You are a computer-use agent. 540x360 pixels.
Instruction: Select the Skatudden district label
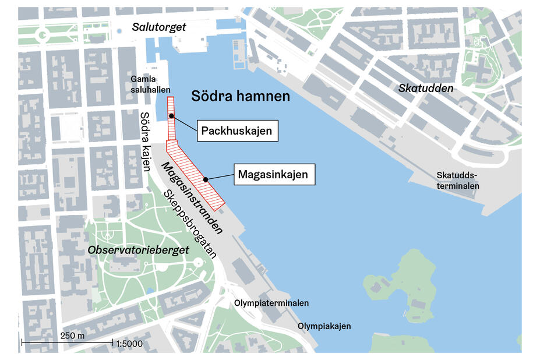coord(426,88)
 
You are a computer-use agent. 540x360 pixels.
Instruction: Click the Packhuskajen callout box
coord(236,131)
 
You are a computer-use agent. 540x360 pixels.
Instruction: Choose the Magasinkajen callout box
coord(273,174)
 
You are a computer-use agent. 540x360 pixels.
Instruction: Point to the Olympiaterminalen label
coord(271,303)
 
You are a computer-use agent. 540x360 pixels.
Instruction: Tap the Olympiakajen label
coord(324,326)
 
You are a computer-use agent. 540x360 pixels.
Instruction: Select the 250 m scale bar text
coord(72,337)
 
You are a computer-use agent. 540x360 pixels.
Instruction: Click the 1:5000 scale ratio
coord(129,343)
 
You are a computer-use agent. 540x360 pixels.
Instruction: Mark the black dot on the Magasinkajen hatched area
coord(206,179)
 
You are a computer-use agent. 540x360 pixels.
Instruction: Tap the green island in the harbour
coord(402,285)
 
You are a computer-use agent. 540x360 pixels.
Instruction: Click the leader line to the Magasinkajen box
coord(220,177)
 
